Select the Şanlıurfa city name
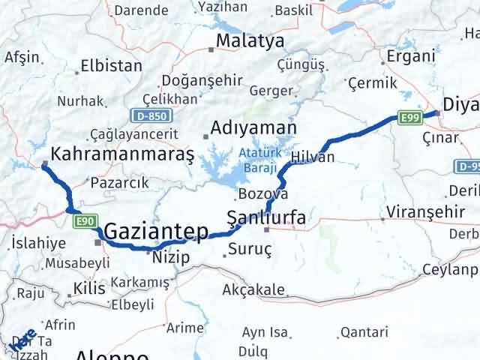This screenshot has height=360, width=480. (x=265, y=218)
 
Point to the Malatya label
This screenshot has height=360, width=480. (x=250, y=40)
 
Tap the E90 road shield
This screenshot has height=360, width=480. (x=83, y=220)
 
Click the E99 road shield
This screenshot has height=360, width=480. (x=409, y=117)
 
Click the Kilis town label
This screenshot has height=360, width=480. (x=89, y=288)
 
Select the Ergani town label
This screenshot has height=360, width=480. (x=410, y=56)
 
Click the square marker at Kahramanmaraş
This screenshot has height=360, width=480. (x=46, y=163)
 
